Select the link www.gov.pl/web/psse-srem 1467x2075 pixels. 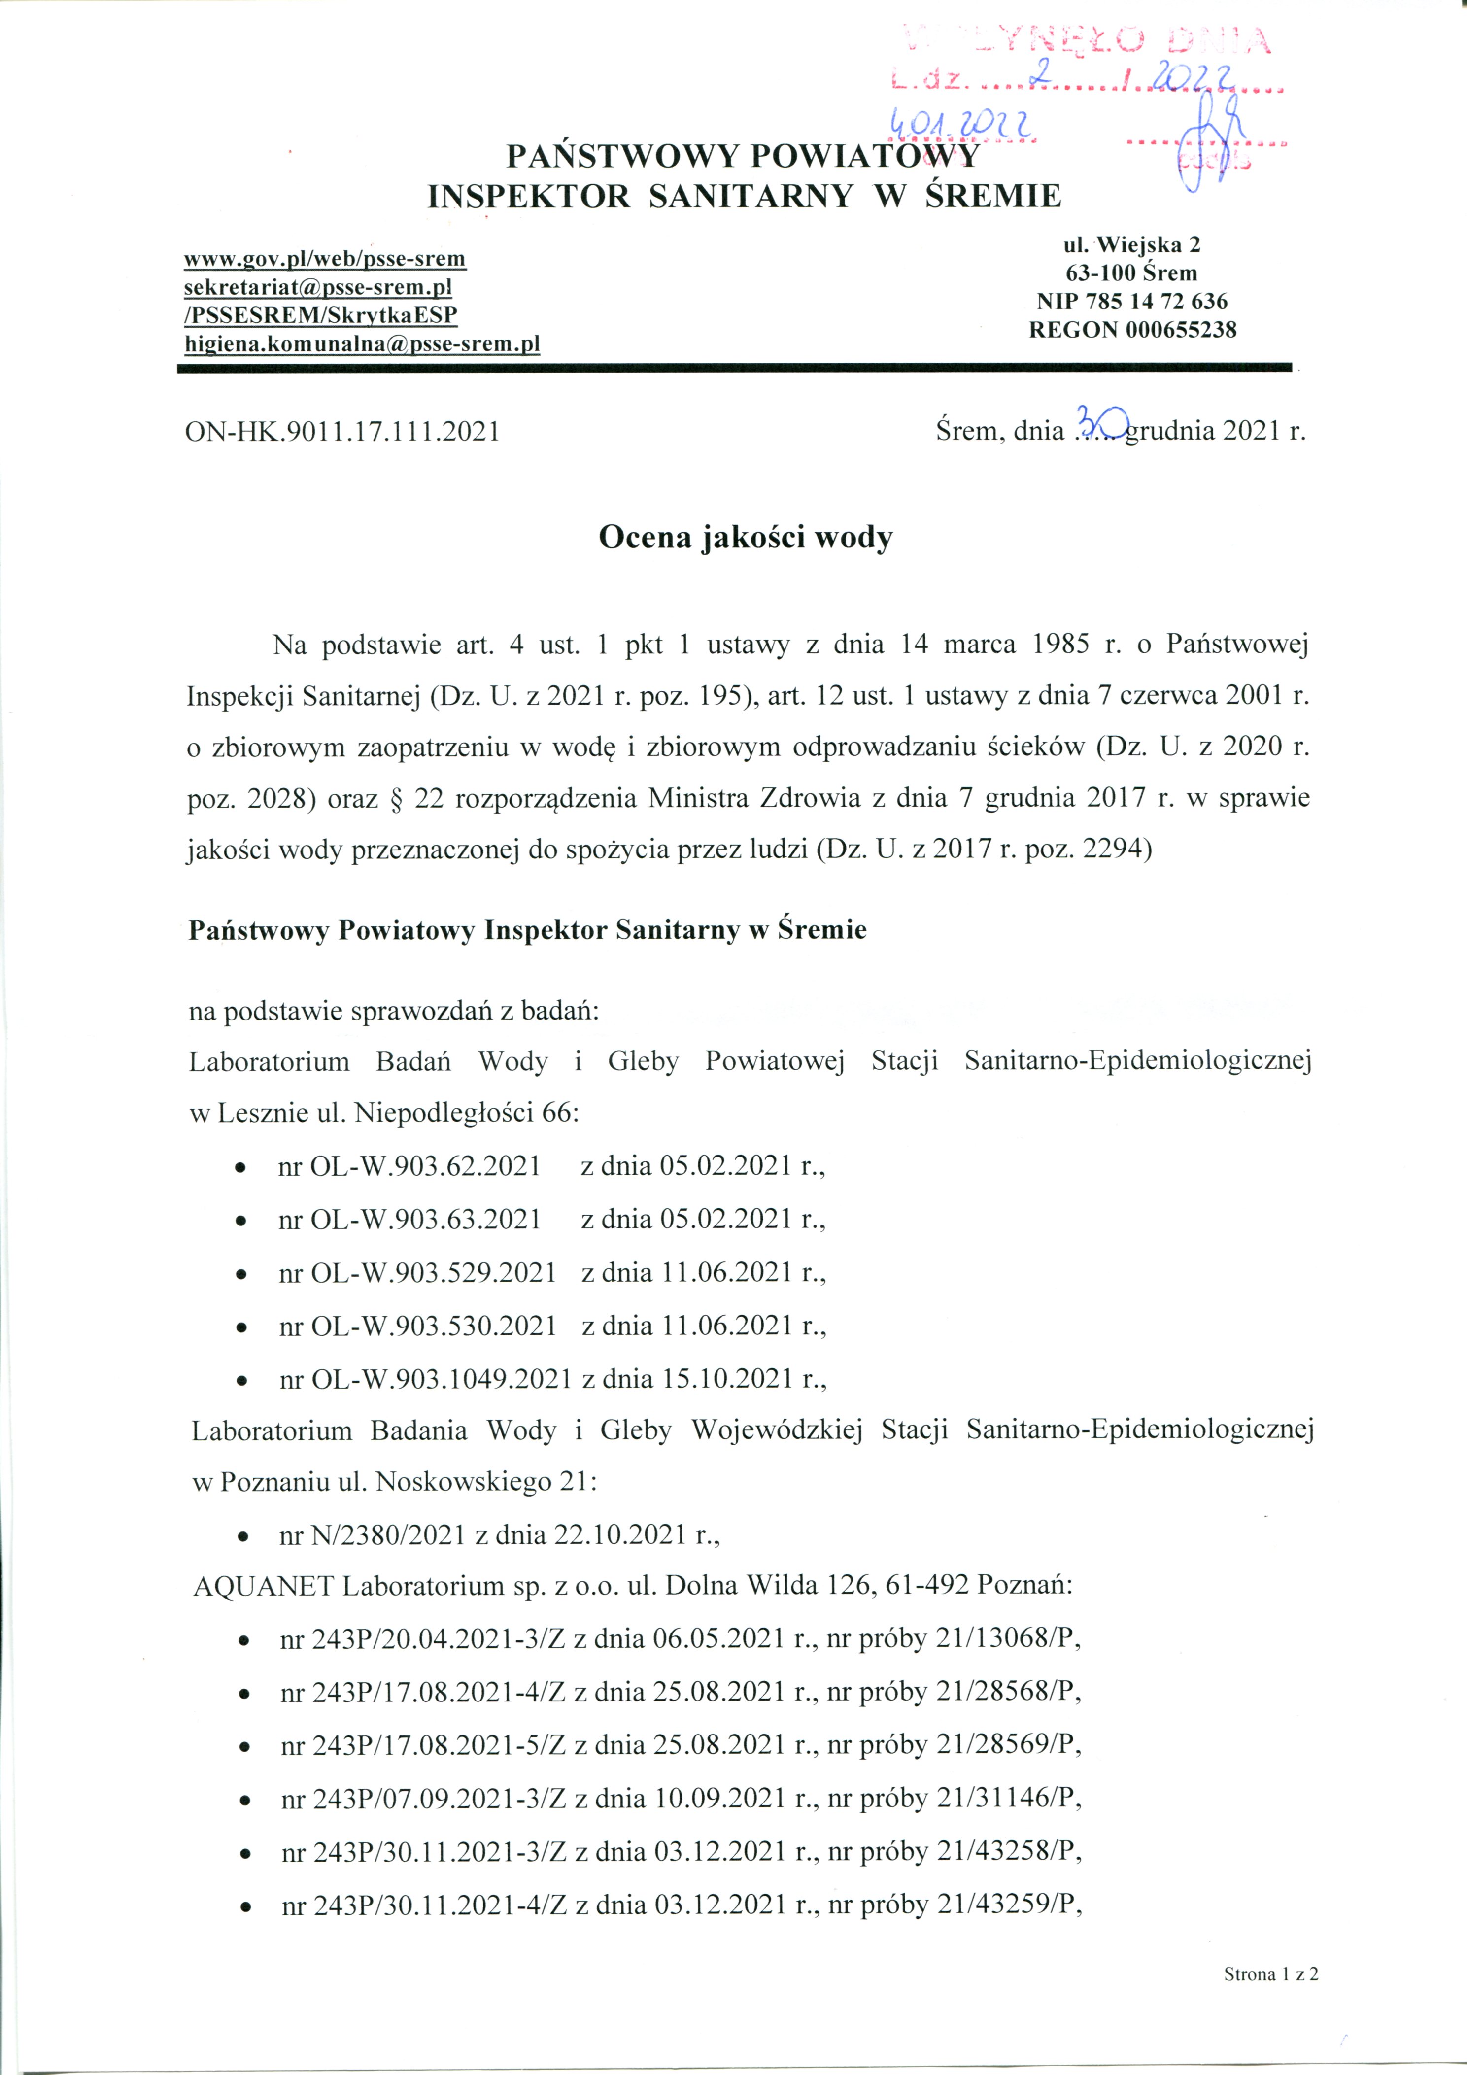(x=324, y=259)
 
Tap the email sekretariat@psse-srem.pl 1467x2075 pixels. (x=317, y=287)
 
